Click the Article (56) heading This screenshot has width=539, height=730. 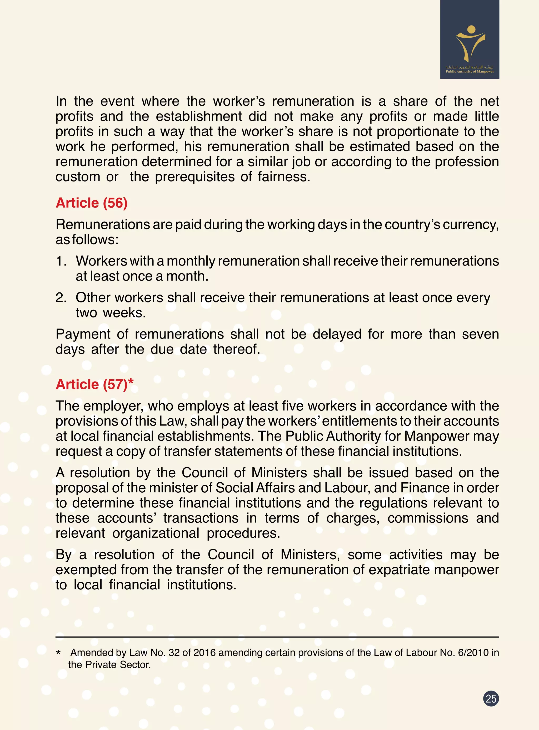(91, 203)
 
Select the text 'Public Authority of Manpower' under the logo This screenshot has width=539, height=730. (470, 72)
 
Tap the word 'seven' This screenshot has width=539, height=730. (480, 334)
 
